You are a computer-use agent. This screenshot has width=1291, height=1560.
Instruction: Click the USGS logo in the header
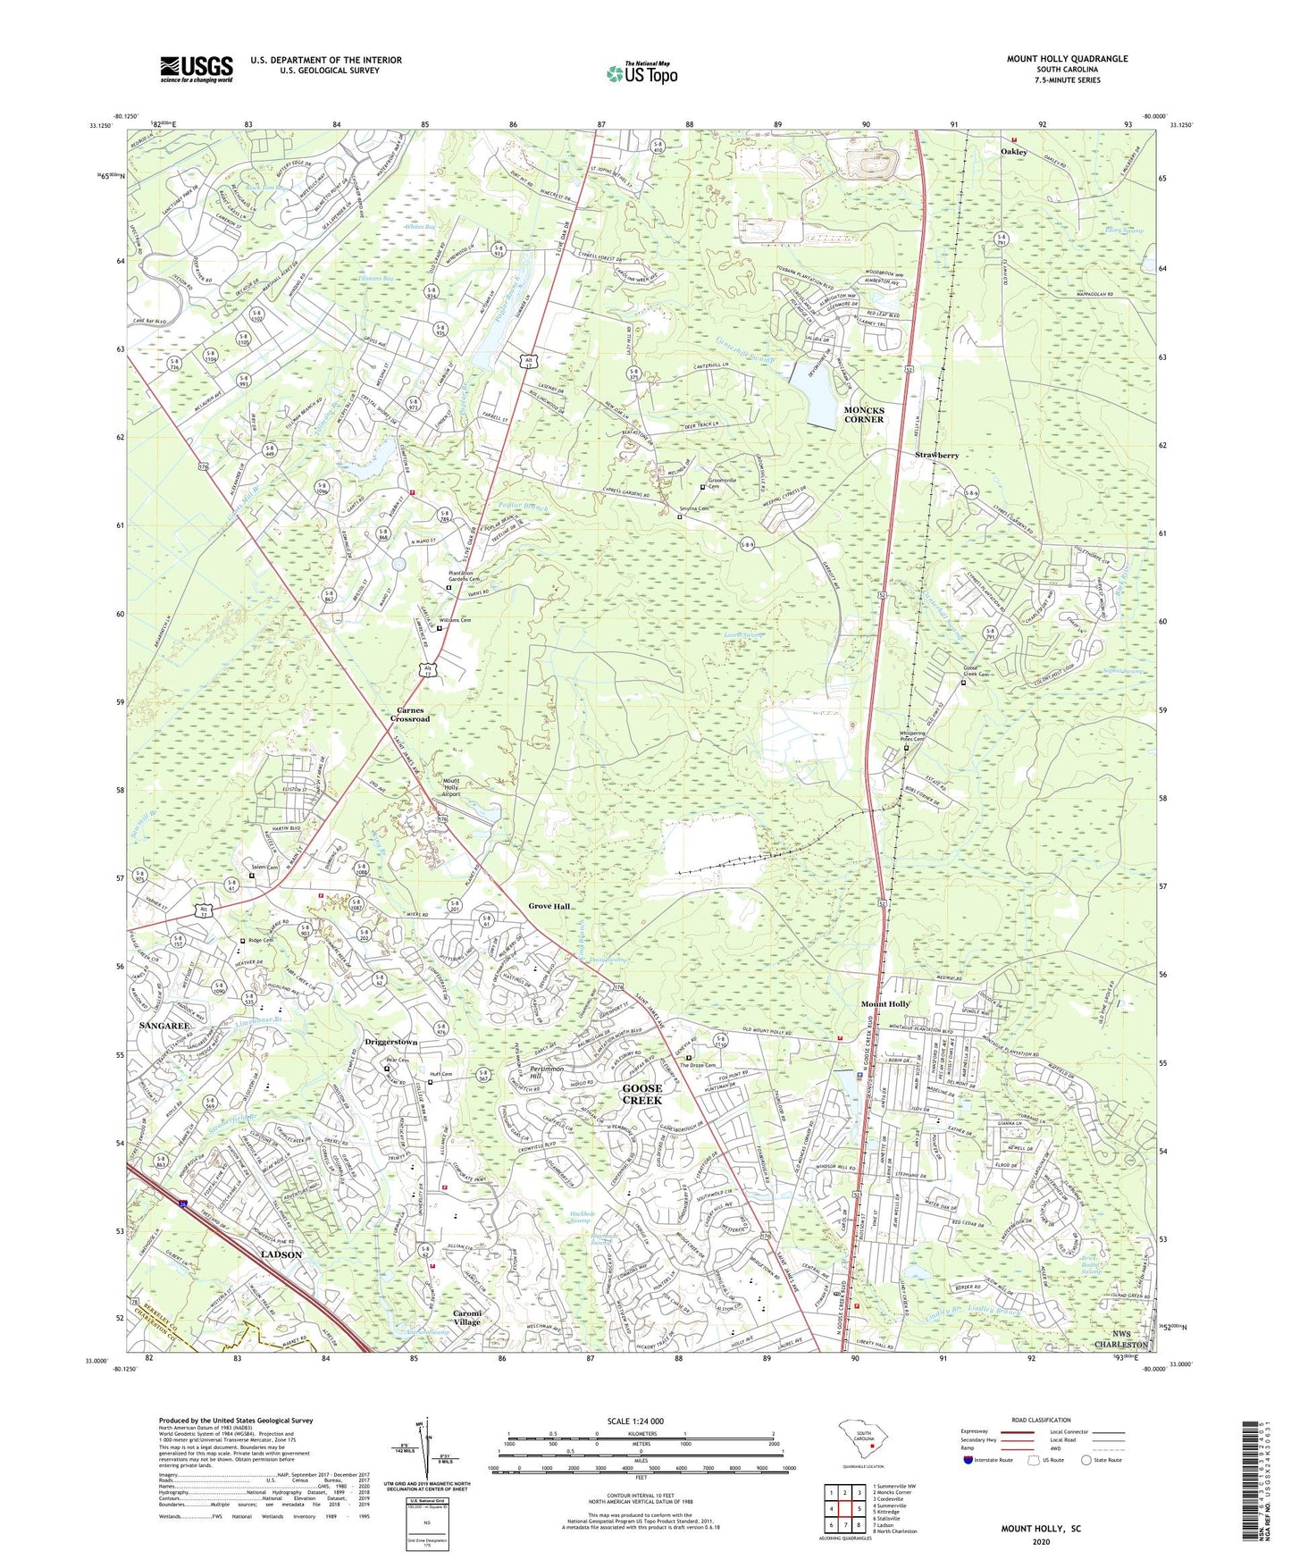click(197, 69)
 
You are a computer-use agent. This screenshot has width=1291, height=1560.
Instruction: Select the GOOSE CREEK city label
click(641, 1095)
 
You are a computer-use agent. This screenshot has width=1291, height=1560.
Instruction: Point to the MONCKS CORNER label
click(863, 414)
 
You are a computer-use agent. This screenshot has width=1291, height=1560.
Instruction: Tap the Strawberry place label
click(936, 456)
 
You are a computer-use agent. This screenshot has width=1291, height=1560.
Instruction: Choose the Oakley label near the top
click(1013, 152)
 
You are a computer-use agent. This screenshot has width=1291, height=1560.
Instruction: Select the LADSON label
click(281, 1254)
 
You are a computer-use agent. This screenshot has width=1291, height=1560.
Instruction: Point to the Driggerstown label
click(391, 1043)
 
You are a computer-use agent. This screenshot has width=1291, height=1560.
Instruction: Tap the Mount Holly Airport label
click(452, 787)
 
